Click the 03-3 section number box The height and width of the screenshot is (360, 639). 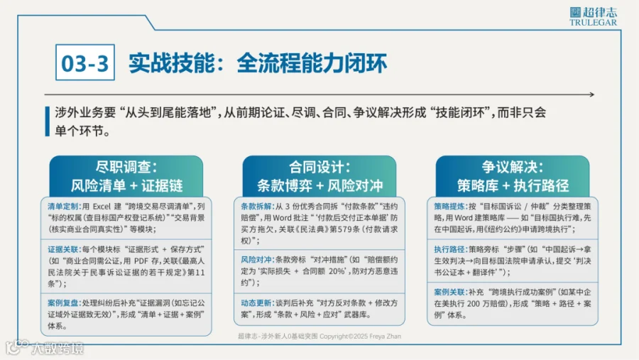tap(84, 62)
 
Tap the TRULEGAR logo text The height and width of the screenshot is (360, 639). tap(593, 23)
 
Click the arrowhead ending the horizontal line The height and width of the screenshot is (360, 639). tap(591, 94)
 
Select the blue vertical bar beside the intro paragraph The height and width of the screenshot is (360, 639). tap(48, 121)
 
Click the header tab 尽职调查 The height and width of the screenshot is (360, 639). tap(126, 176)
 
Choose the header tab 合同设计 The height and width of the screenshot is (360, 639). tap(319, 176)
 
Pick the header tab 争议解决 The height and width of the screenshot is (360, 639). tap(513, 176)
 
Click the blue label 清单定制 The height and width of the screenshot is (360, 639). tap(63, 207)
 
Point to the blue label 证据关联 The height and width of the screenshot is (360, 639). tap(63, 249)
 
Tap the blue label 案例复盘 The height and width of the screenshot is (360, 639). tap(63, 303)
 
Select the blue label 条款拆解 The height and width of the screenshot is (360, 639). tap(256, 207)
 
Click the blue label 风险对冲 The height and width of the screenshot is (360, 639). tap(256, 259)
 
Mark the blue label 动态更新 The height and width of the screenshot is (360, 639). tap(256, 303)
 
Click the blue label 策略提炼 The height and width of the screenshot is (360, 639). tap(449, 207)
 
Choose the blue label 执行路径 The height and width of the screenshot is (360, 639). tap(449, 249)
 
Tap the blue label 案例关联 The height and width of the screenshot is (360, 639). tap(449, 292)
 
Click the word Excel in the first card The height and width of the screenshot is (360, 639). tap(102, 207)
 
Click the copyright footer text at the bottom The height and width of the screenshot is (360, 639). tap(319, 337)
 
